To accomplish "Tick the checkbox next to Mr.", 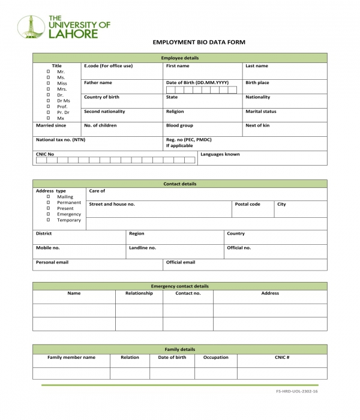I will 48,72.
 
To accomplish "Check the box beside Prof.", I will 48,107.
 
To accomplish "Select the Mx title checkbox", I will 48,118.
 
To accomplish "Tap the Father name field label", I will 98,83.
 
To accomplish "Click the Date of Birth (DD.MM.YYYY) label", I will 197,83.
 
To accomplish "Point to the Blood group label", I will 179,126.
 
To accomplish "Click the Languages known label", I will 220,154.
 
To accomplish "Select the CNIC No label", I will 45,154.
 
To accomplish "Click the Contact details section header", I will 180,184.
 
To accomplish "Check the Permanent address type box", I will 48,203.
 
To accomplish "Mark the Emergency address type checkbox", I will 48,214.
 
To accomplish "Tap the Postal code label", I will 247,204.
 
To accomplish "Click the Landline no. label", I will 142,248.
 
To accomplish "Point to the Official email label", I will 181,262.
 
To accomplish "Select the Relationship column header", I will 139,293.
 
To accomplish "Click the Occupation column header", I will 215,357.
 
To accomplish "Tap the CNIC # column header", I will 282,357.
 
